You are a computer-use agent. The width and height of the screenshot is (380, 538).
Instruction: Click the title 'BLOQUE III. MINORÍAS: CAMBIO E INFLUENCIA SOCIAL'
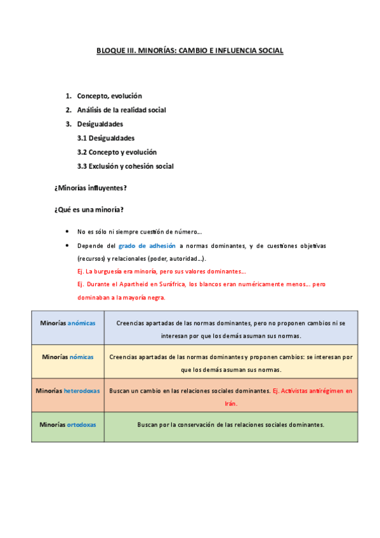click(190, 49)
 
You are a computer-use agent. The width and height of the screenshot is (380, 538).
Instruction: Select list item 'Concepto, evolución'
click(109, 96)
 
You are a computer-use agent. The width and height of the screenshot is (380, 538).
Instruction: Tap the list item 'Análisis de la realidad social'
click(121, 110)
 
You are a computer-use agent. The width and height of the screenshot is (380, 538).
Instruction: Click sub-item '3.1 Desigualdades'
click(105, 138)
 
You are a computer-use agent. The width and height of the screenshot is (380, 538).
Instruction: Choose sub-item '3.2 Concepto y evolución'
click(117, 152)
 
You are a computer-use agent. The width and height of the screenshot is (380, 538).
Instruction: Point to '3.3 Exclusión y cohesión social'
click(125, 166)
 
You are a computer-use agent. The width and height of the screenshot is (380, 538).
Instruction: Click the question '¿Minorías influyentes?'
click(91, 188)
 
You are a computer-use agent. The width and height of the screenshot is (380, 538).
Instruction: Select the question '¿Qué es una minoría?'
click(88, 209)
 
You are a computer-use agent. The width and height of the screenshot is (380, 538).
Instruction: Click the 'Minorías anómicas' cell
click(68, 323)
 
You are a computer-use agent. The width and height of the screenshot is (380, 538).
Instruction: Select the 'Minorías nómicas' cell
click(68, 357)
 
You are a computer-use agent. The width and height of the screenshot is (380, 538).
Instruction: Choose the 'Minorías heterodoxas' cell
click(68, 391)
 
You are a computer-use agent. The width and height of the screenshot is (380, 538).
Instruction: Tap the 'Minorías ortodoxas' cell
click(68, 424)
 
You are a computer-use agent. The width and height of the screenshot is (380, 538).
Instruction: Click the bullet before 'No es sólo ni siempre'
click(67, 232)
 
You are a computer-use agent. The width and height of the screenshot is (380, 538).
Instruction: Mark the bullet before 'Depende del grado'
click(67, 246)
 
